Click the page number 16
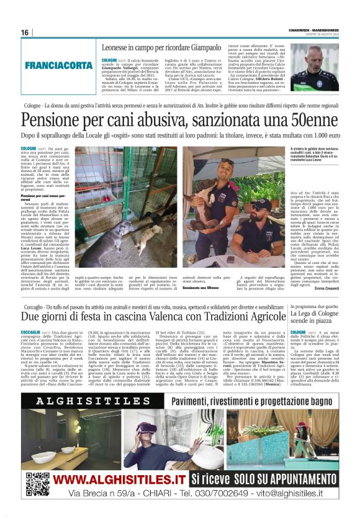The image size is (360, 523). point(25,32)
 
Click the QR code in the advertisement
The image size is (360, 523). point(38,483)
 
